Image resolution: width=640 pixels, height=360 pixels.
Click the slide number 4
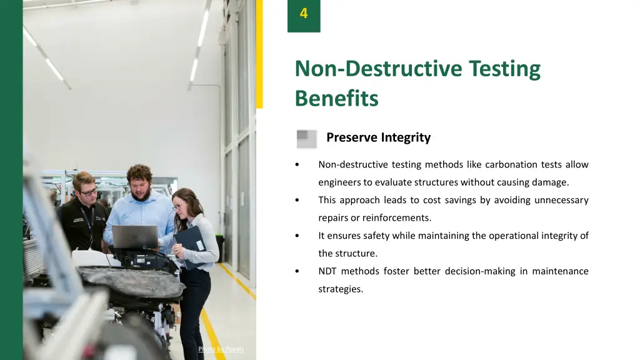(x=304, y=13)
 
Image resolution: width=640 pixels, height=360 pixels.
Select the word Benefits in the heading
(x=336, y=99)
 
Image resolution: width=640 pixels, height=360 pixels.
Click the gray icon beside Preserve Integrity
(x=306, y=139)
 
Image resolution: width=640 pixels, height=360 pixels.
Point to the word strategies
(x=340, y=289)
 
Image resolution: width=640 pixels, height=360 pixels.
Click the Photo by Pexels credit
(x=221, y=349)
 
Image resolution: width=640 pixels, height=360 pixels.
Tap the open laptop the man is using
(x=135, y=237)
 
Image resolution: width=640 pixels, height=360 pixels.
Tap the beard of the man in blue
(x=141, y=194)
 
